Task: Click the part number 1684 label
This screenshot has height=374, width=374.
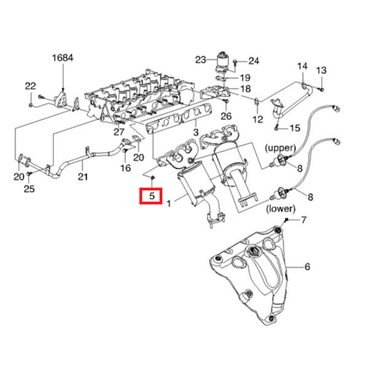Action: point(62,58)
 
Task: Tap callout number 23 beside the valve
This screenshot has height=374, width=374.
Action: point(201,59)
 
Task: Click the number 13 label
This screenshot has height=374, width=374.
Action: point(321,70)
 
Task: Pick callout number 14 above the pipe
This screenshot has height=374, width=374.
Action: point(302,67)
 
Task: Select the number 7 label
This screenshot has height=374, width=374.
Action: point(303,220)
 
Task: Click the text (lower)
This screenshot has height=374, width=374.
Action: point(280,208)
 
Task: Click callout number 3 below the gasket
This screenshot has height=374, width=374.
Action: point(195,132)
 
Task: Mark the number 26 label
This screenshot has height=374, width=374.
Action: point(226,116)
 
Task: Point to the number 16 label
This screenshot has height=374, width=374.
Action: point(126,168)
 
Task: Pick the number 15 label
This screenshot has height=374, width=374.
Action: point(295,128)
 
